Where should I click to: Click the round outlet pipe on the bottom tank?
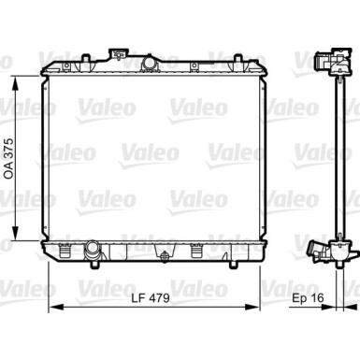(x=92, y=250)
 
